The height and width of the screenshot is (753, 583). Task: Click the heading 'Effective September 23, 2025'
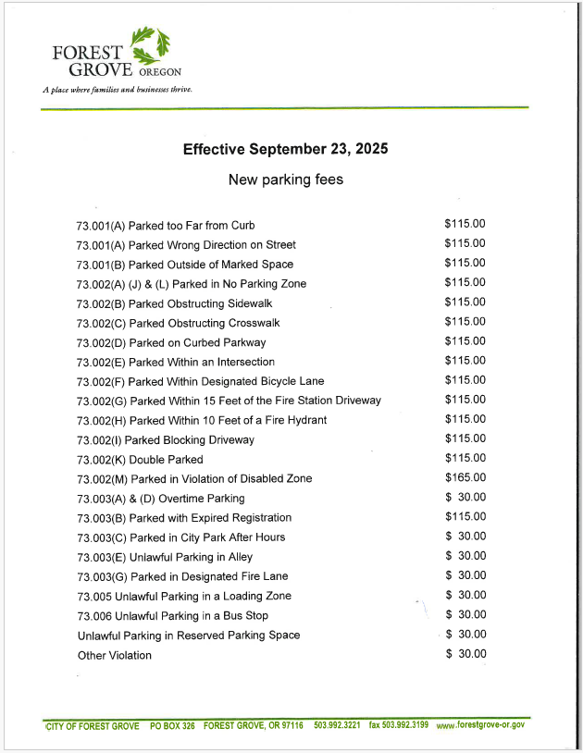285,149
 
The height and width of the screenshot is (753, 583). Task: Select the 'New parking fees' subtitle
285,179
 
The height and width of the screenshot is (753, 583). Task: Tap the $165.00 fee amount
465,477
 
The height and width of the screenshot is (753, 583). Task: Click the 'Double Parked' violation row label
140,460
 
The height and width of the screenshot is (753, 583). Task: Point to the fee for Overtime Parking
465,497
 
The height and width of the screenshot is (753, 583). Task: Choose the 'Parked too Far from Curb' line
166,226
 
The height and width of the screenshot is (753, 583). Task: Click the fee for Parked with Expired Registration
465,516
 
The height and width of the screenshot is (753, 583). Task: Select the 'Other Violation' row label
115,656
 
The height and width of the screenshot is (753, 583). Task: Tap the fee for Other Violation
465,654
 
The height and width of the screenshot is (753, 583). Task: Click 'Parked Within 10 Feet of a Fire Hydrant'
202,421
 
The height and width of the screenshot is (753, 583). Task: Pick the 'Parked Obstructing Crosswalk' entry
178,324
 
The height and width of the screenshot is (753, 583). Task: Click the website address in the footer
480,724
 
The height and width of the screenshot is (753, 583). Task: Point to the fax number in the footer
399,724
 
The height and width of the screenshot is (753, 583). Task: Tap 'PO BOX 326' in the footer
172,725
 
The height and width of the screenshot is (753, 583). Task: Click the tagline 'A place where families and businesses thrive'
117,91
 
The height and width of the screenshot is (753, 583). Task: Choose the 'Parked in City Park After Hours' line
180,537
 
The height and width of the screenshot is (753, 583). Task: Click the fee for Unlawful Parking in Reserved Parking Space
465,634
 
